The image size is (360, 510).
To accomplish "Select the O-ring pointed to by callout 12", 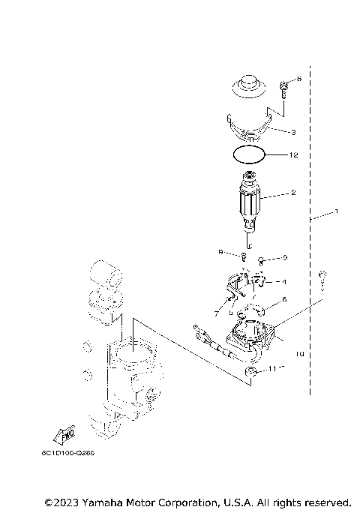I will pyautogui.click(x=249, y=156).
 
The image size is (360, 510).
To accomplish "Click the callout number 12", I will pyautogui.click(x=294, y=156).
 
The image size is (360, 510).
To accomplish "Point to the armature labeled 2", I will pyautogui.click(x=249, y=202).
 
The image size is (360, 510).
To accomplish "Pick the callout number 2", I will pyautogui.click(x=293, y=193).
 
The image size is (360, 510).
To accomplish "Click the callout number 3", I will pyautogui.click(x=293, y=131).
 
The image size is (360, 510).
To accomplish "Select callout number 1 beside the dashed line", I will pyautogui.click(x=337, y=211).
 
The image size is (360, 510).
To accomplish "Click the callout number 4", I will pyautogui.click(x=284, y=282).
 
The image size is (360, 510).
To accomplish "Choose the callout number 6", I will pyautogui.click(x=284, y=299).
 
